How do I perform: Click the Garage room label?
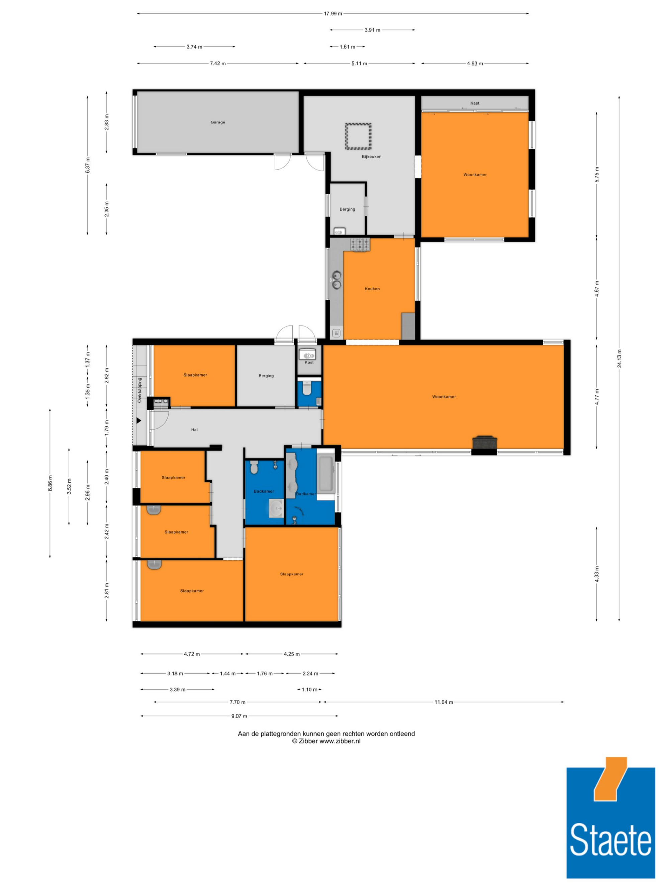click(218, 122)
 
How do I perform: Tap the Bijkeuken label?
click(371, 157)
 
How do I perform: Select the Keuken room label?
click(372, 289)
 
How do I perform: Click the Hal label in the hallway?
click(194, 430)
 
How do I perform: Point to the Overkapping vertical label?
click(139, 390)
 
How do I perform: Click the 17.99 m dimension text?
click(333, 14)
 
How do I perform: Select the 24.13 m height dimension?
click(619, 359)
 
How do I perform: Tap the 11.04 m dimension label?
click(444, 702)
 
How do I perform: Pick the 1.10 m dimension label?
click(309, 690)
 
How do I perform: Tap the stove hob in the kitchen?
click(360, 245)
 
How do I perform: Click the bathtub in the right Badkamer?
click(326, 474)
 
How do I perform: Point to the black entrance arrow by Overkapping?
click(139, 421)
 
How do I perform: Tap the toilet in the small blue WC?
click(306, 388)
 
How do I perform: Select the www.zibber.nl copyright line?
click(326, 741)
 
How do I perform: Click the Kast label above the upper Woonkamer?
click(475, 103)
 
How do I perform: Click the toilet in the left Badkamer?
click(254, 467)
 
